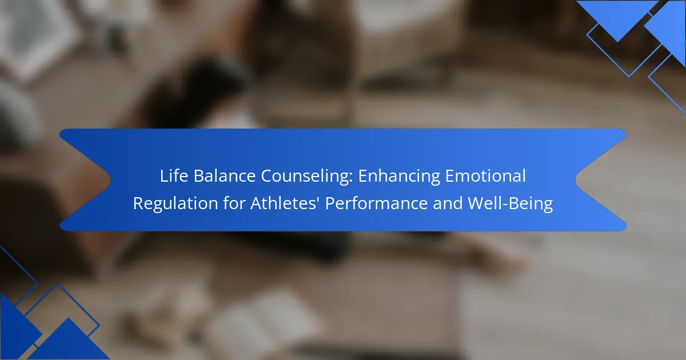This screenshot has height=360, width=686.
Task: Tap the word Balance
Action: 225,176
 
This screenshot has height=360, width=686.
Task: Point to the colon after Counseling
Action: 350,178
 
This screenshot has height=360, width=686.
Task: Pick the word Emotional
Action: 485,176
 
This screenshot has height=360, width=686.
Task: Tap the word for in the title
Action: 234,203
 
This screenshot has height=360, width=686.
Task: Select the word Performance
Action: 376,203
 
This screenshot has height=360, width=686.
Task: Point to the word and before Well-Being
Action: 448,203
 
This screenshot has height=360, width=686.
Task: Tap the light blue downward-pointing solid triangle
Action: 617,15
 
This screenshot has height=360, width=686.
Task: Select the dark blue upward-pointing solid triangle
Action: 68,341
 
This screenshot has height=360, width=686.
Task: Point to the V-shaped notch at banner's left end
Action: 110,179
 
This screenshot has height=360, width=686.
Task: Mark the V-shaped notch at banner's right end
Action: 576,179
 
